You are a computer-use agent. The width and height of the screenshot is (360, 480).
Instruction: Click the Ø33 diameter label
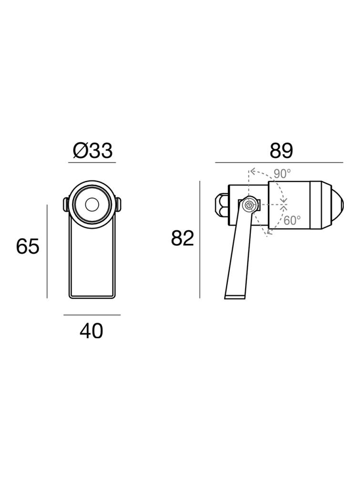coord(93,151)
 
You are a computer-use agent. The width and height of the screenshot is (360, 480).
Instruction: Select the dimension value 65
coord(27,247)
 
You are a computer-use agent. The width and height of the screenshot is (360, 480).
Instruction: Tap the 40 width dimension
coord(91,331)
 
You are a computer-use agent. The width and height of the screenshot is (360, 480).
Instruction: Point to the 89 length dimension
coord(281,151)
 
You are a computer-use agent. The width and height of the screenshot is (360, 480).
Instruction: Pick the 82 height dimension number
coord(182,238)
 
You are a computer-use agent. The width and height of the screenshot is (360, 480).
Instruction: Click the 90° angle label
coord(282,174)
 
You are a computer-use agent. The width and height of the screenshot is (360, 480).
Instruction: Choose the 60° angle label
coord(292,220)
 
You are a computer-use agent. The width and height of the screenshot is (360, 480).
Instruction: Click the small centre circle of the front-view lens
coord(91,205)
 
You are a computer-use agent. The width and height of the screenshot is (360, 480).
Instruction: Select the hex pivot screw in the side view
coord(248,206)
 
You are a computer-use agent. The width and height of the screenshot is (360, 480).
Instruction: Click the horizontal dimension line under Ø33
coord(92,163)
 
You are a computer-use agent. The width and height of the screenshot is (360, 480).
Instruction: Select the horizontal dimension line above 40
coord(92,315)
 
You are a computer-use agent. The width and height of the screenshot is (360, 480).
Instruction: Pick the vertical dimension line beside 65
coord(47,251)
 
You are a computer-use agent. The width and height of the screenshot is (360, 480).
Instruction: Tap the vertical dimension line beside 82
coord(200,240)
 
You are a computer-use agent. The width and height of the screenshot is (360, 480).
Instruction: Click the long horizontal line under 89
coord(279,163)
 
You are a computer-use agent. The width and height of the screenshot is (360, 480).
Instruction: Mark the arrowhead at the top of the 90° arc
coord(252,170)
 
